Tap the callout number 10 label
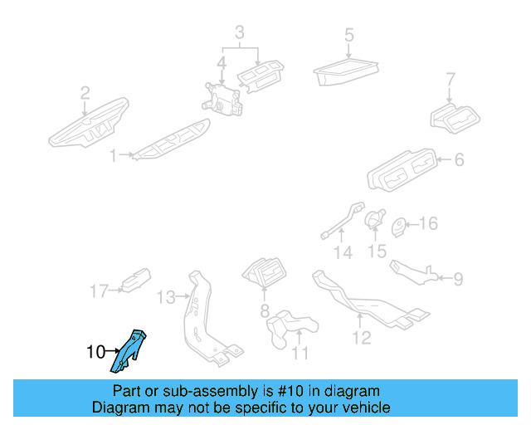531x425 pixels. (96, 352)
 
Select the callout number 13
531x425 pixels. (167, 296)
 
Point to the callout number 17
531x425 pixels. (99, 291)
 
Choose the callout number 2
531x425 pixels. (85, 92)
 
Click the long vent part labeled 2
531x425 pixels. (87, 123)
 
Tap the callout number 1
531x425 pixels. (114, 154)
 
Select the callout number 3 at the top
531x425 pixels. (239, 33)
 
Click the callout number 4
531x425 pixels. (222, 63)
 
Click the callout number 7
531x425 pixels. (451, 81)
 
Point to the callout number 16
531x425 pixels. (427, 224)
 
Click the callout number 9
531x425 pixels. (458, 279)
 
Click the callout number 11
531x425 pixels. (300, 353)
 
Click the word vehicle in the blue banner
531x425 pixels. (364, 408)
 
